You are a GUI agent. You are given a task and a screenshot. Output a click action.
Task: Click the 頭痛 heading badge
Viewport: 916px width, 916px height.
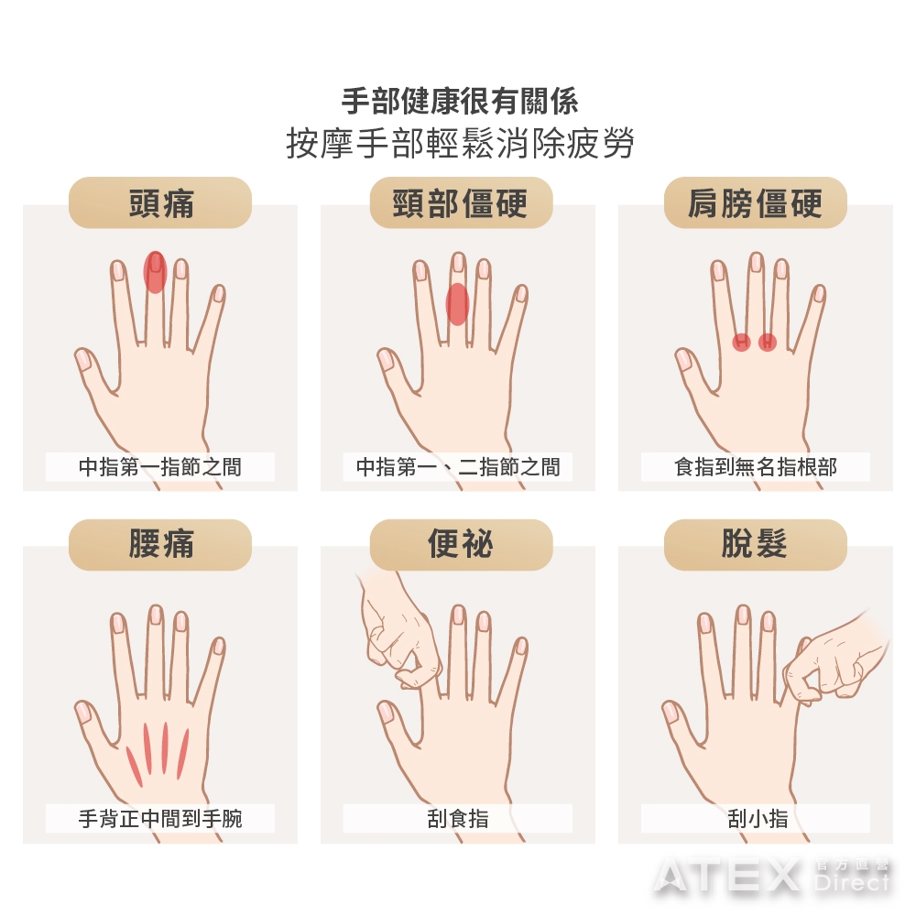(x=160, y=202)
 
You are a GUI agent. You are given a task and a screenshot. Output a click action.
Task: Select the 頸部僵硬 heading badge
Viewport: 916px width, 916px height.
(x=461, y=202)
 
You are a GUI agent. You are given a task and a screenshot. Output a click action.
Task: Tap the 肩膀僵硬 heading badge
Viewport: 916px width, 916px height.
(x=756, y=202)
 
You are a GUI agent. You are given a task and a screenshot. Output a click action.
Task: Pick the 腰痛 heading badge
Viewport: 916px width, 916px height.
(x=160, y=544)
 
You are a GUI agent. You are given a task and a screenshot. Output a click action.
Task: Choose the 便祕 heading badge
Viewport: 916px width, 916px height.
(x=461, y=544)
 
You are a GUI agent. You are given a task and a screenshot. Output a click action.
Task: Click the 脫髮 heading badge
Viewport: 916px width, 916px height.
(x=756, y=544)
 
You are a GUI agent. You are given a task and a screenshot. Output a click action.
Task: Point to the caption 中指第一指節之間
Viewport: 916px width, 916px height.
(x=160, y=467)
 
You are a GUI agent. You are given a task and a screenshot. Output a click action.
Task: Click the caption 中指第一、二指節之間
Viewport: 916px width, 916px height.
(x=458, y=467)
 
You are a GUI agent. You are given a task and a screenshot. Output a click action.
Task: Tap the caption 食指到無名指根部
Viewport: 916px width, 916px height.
(x=756, y=467)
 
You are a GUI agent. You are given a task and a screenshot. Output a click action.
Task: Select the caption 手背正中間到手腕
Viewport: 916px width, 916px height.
(x=160, y=818)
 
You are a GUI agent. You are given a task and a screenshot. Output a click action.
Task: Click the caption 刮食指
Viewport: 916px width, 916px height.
(x=458, y=818)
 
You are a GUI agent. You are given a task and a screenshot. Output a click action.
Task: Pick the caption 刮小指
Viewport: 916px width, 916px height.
(x=758, y=818)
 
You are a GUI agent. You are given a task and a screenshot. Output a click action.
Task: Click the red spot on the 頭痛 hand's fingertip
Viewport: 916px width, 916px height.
(x=156, y=272)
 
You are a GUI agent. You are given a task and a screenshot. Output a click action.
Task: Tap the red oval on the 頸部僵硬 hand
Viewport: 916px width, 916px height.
(x=457, y=304)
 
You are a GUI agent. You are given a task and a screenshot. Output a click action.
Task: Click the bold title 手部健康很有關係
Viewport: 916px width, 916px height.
(x=461, y=101)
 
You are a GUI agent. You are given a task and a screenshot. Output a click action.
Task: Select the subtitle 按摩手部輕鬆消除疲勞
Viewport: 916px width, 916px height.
(x=461, y=143)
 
